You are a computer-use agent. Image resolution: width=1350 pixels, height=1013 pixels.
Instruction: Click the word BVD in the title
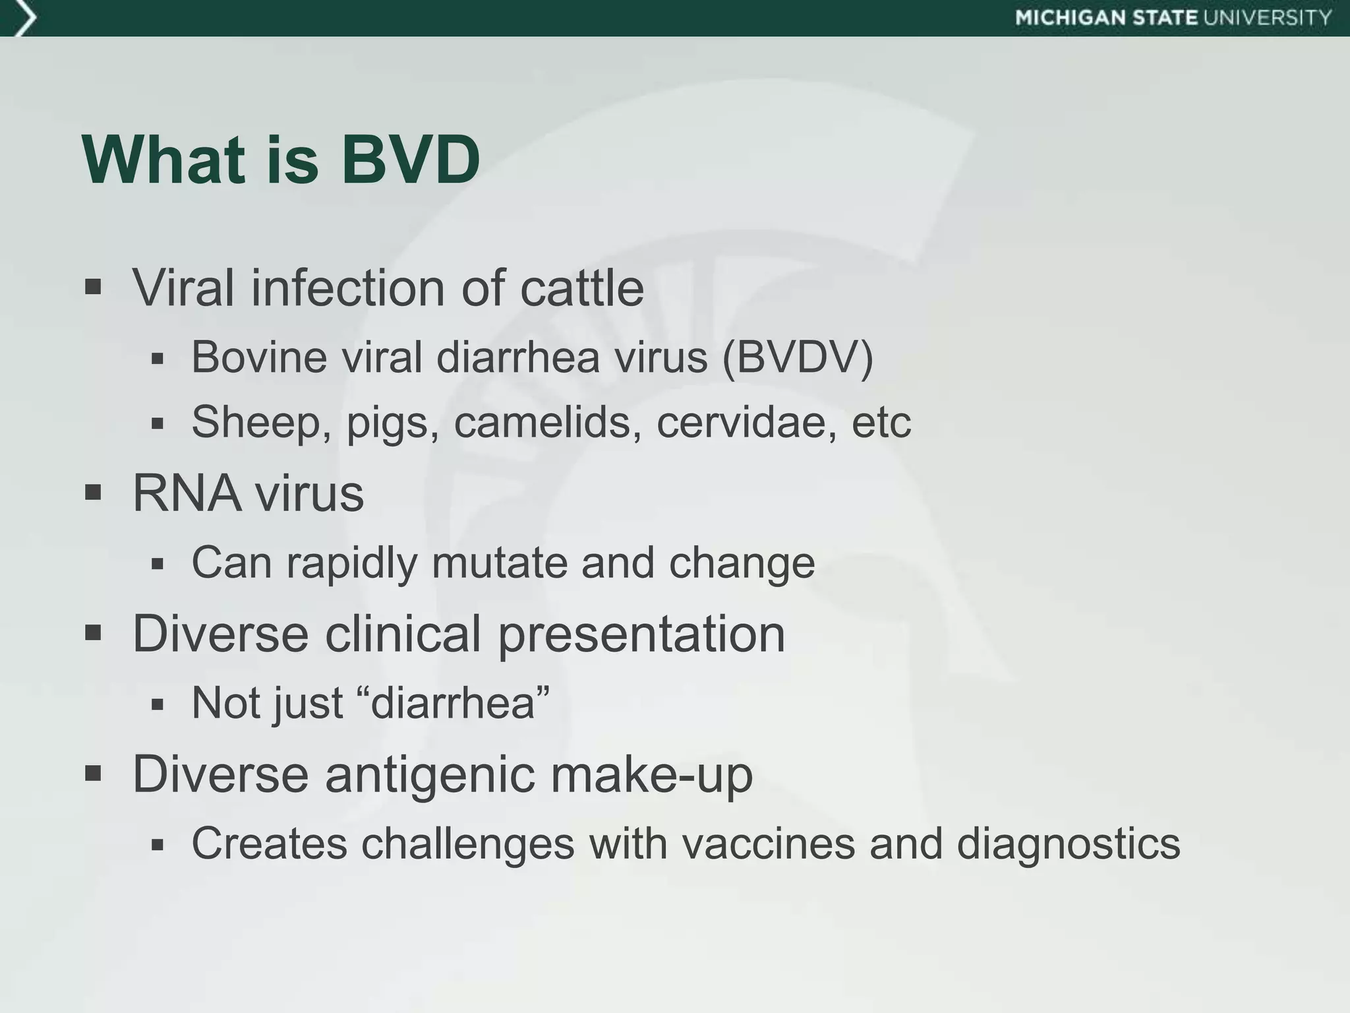point(410,160)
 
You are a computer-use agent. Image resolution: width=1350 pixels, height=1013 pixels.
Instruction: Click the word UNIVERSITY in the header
point(1267,18)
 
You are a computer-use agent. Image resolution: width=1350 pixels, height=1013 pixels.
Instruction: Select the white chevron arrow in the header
point(24,18)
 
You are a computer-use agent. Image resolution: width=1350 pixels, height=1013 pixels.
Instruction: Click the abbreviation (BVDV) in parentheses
point(798,357)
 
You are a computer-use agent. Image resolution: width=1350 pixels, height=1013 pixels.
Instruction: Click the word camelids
point(547,421)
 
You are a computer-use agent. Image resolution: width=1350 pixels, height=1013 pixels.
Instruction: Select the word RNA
point(186,493)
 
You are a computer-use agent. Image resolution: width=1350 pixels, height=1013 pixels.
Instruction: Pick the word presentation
point(641,634)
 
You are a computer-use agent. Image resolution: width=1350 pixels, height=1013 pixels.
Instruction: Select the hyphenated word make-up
point(651,776)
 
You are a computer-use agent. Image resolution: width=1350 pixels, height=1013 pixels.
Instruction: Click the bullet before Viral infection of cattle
point(93,288)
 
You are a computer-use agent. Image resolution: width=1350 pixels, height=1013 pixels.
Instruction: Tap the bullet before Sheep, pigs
point(157,423)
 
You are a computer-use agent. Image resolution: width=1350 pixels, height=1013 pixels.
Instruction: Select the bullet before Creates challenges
point(157,845)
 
